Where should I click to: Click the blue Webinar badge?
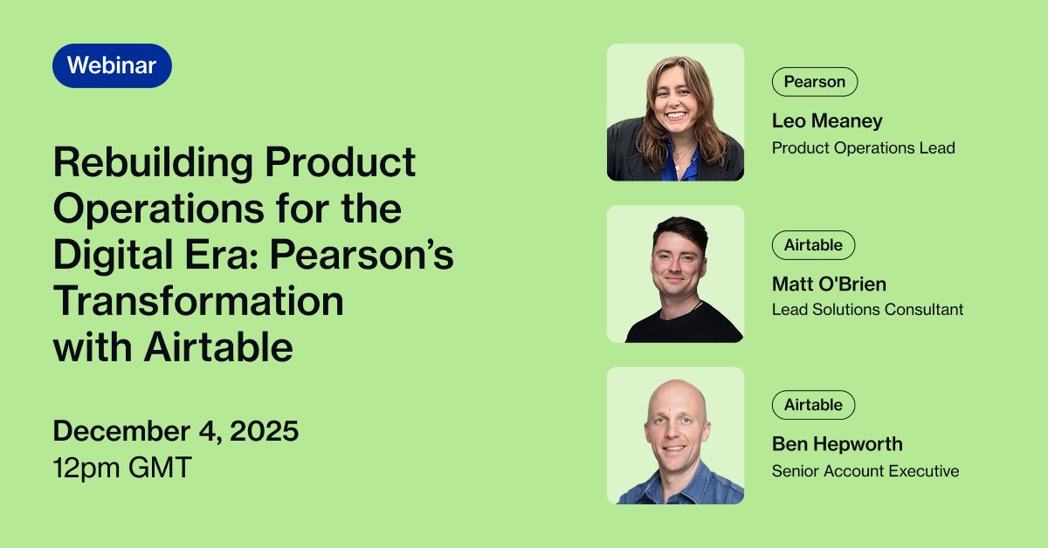click(x=112, y=65)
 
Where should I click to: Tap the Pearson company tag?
click(x=814, y=82)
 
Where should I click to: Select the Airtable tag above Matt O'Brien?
click(x=812, y=245)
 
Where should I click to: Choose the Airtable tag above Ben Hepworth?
click(x=812, y=405)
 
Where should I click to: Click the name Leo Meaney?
click(x=827, y=121)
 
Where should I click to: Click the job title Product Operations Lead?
click(x=863, y=147)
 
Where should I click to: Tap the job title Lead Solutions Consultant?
click(x=867, y=309)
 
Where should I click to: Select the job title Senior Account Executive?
click(x=865, y=471)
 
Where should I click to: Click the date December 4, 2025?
click(x=176, y=431)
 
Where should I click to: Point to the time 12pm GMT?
click(x=121, y=468)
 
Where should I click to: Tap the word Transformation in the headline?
click(x=198, y=302)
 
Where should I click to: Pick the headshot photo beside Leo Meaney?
click(x=675, y=113)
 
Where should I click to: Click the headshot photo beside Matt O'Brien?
click(x=675, y=274)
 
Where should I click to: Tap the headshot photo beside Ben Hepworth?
click(x=675, y=435)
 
